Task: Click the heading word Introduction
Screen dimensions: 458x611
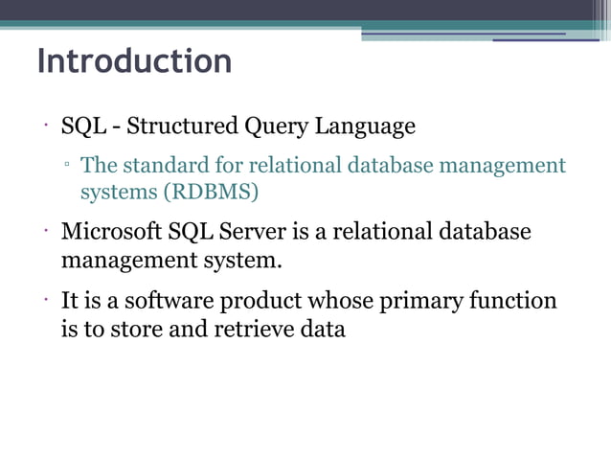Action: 134,61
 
